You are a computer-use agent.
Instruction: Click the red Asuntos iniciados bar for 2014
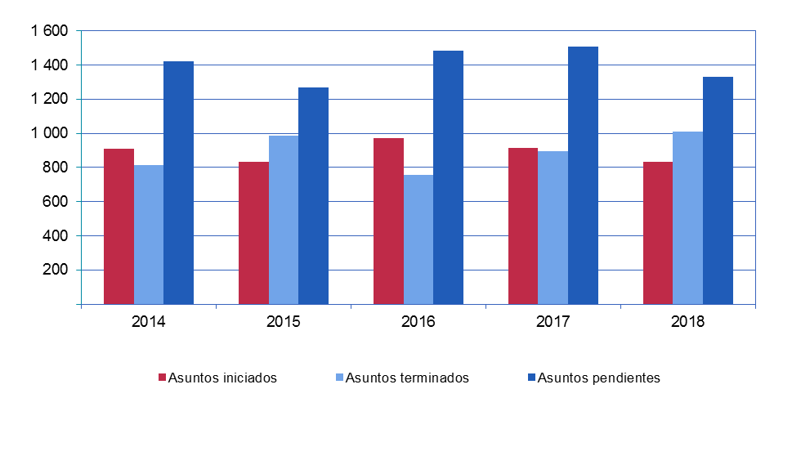(119, 226)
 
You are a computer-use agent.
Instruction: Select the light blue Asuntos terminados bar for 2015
(284, 220)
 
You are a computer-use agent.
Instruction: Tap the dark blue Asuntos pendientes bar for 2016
(448, 177)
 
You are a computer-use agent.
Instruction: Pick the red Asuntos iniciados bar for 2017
(523, 226)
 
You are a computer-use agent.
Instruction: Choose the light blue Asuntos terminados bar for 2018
(687, 217)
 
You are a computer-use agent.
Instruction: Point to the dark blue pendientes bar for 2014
(178, 182)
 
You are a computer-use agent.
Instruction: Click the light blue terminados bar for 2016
(418, 239)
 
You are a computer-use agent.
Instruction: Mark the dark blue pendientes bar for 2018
(718, 190)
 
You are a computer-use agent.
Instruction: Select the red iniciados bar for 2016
(388, 221)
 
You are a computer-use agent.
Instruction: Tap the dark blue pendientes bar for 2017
(583, 175)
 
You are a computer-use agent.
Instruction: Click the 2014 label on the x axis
(149, 321)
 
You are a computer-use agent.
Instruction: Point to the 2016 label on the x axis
(418, 321)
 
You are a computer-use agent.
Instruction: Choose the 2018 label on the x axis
(687, 321)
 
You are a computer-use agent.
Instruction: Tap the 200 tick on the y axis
(56, 270)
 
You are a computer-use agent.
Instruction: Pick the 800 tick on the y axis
(56, 168)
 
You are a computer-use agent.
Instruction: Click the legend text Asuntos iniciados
(222, 378)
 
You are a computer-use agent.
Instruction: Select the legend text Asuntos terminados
(407, 378)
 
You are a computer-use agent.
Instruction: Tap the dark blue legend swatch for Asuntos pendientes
(531, 378)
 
